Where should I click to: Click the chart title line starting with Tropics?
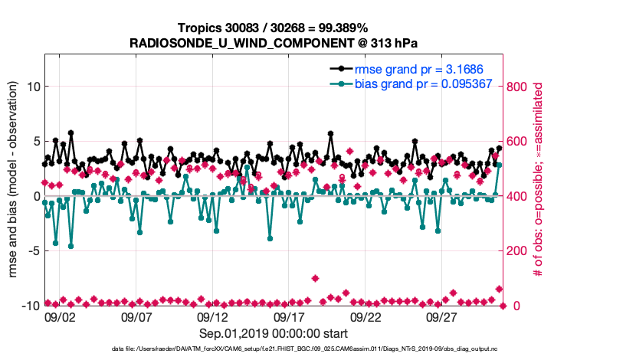point(274,28)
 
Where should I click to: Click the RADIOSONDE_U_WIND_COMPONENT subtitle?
point(274,42)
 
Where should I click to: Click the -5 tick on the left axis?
point(31,250)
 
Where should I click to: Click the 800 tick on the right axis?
point(518,87)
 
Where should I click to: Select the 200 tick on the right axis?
point(518,250)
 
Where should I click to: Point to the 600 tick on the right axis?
point(518,142)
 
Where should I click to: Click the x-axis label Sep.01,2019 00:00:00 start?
point(274,333)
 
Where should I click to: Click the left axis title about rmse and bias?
point(13,195)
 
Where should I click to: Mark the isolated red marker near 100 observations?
point(316,278)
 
